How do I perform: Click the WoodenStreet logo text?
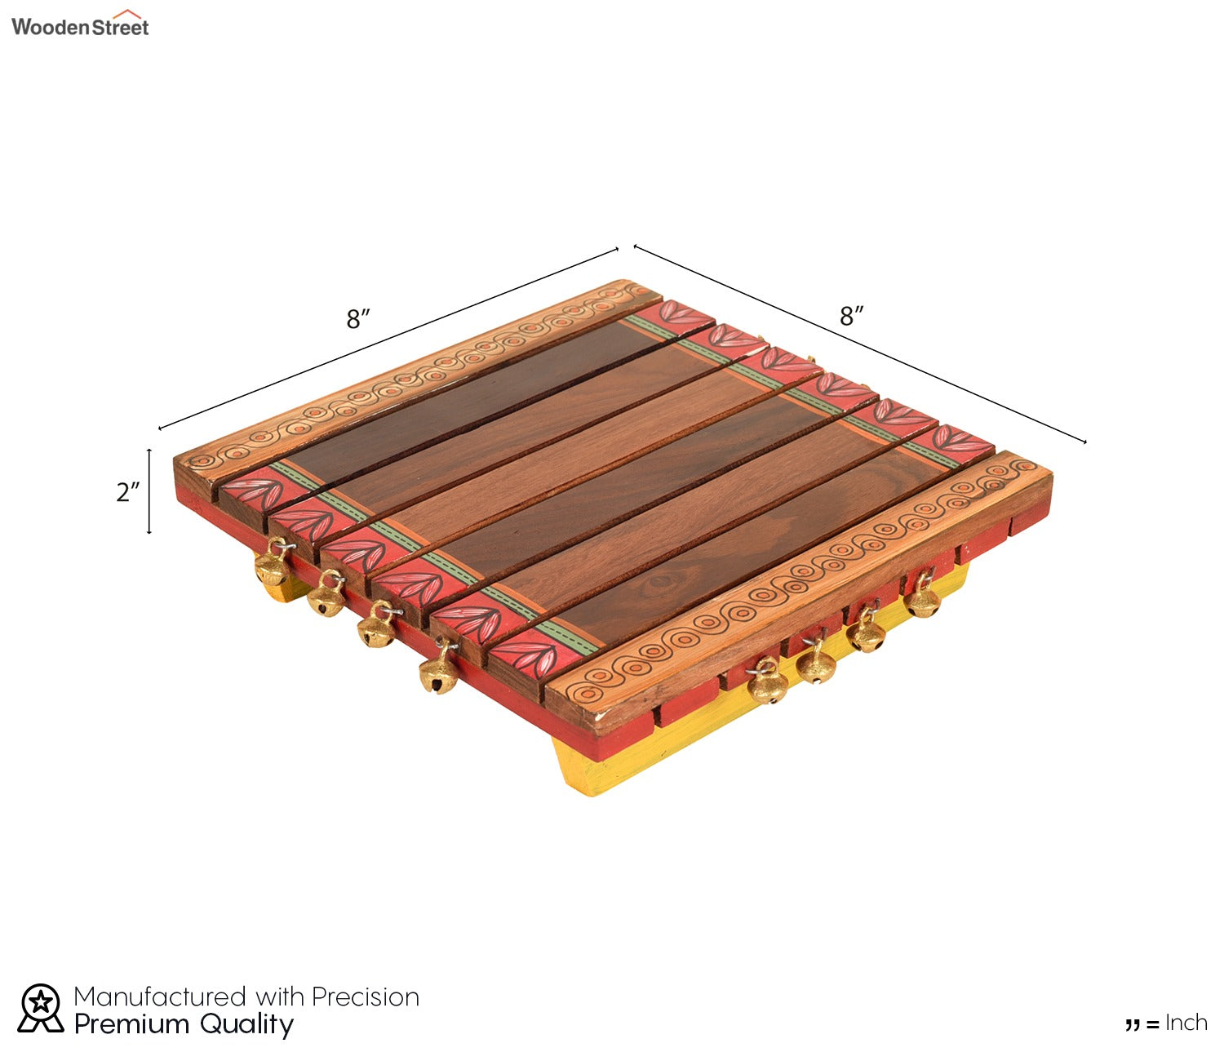(x=80, y=27)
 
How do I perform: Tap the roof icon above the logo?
(x=127, y=14)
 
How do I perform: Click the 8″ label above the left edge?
(x=358, y=319)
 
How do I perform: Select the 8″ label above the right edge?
(x=852, y=316)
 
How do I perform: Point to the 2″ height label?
(x=128, y=492)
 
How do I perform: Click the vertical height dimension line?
(x=149, y=491)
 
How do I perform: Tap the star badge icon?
(x=40, y=1008)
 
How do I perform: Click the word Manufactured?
(x=159, y=997)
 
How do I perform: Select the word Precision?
(x=366, y=997)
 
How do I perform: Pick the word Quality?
(x=246, y=1025)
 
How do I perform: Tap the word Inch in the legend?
(x=1186, y=1023)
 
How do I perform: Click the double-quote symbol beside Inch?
(x=1133, y=1025)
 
